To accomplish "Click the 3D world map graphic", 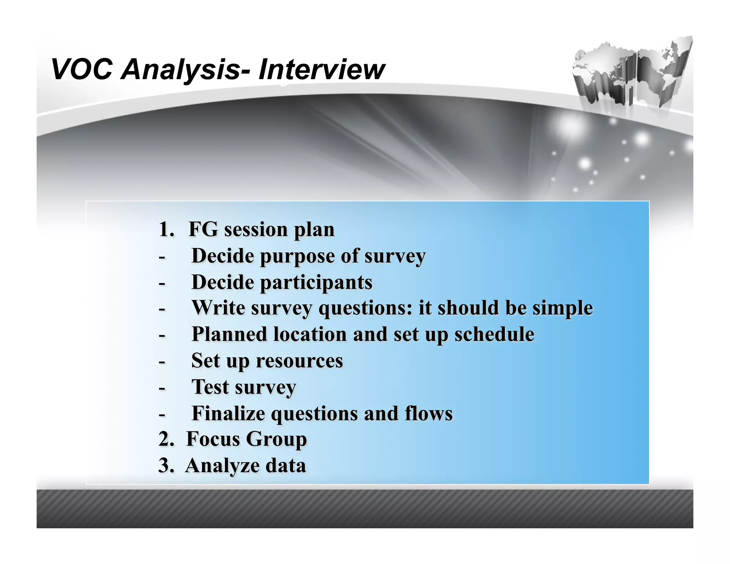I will (x=631, y=73).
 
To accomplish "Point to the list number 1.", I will (x=166, y=229).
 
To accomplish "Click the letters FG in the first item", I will (x=203, y=229).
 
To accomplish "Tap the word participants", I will (x=316, y=283).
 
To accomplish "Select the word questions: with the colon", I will (x=365, y=308).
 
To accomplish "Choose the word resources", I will (x=299, y=361).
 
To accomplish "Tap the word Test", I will (x=210, y=387).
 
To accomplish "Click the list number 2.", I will (x=166, y=439).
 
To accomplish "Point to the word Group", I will (x=276, y=439).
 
